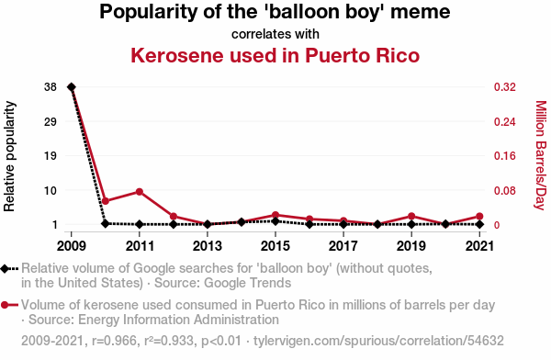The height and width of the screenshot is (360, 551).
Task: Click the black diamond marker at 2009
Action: coord(72,87)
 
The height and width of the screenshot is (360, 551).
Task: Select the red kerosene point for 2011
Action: coord(140,192)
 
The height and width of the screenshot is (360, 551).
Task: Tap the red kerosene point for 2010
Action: coord(106,201)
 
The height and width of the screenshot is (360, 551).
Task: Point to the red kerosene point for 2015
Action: coord(275,215)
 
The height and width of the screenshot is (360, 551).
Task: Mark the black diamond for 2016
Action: coord(309,224)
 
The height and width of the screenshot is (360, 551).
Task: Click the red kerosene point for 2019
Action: coord(411,216)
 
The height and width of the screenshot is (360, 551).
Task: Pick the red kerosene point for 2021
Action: coord(480,216)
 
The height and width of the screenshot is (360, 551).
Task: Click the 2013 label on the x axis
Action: coord(208,246)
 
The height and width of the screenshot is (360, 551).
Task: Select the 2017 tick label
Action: coord(343,246)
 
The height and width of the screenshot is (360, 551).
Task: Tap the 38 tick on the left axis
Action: coord(51,87)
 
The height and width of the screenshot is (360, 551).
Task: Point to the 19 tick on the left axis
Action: coord(51,156)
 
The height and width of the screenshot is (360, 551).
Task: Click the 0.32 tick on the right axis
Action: coord(505,87)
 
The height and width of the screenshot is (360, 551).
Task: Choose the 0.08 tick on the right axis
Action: coord(505,190)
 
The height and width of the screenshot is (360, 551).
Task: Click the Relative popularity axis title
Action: coord(9,156)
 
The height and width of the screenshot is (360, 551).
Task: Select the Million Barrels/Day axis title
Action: coord(541,155)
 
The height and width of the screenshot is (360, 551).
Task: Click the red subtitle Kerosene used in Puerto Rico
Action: coord(275,55)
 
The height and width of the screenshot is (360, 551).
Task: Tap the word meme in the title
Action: coord(421,12)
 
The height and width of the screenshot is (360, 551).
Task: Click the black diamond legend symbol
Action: coord(5,269)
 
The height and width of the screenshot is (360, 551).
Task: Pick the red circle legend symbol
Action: coord(5,305)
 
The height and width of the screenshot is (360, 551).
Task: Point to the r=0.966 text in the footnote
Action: coord(114,341)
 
